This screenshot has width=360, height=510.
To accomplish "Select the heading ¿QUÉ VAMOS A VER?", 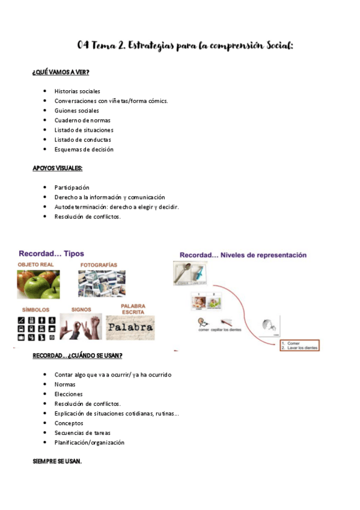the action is (61, 72).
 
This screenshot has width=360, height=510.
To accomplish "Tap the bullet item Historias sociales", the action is (77, 91).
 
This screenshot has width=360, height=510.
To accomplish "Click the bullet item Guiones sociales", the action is (76, 111).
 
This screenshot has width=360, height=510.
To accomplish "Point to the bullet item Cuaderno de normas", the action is (82, 120).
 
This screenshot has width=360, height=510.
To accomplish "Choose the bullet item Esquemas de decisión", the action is (84, 149).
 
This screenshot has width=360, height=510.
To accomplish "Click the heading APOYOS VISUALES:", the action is (57, 168).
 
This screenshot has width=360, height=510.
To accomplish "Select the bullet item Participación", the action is (72, 188).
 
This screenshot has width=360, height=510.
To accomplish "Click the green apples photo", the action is (38, 284).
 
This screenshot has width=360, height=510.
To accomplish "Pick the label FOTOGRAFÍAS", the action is (99, 265).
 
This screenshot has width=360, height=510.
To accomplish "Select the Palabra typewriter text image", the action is (130, 329).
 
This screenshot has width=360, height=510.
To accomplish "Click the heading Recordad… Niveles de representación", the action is (243, 255).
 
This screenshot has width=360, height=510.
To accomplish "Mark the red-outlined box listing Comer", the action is (299, 345).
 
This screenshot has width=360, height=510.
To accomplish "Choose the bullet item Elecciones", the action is (69, 394).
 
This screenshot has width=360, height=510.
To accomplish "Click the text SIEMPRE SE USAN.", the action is (57, 461).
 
